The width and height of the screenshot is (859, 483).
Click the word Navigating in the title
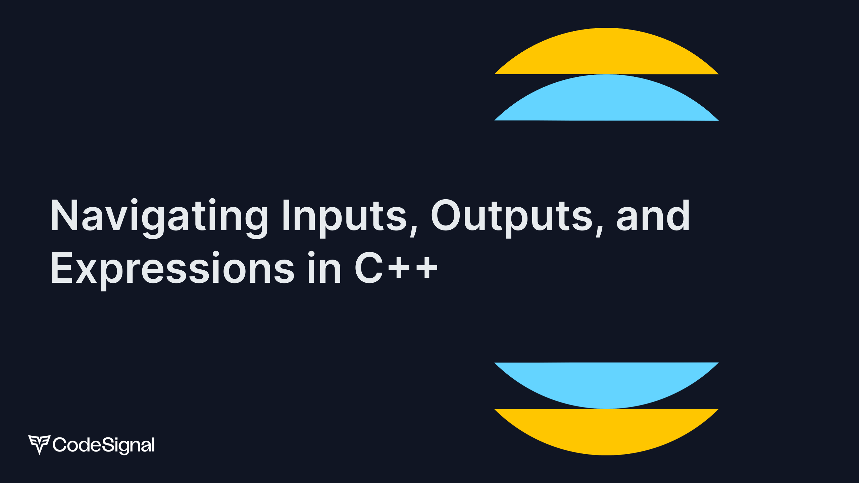pyautogui.click(x=159, y=216)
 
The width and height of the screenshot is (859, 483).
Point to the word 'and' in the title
pyautogui.click(x=653, y=216)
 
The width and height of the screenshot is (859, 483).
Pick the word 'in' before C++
pyautogui.click(x=324, y=268)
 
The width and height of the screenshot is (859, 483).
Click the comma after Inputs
pyautogui.click(x=413, y=231)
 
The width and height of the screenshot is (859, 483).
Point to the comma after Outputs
pyautogui.click(x=599, y=231)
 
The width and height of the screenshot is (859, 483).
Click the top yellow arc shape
pyautogui.click(x=606, y=54)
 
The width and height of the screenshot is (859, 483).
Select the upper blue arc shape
pyautogui.click(x=606, y=100)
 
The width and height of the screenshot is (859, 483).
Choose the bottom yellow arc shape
pyautogui.click(x=606, y=429)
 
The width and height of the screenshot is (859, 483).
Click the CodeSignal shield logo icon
pyautogui.click(x=39, y=444)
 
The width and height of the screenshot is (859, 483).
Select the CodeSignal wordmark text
pyautogui.click(x=104, y=445)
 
